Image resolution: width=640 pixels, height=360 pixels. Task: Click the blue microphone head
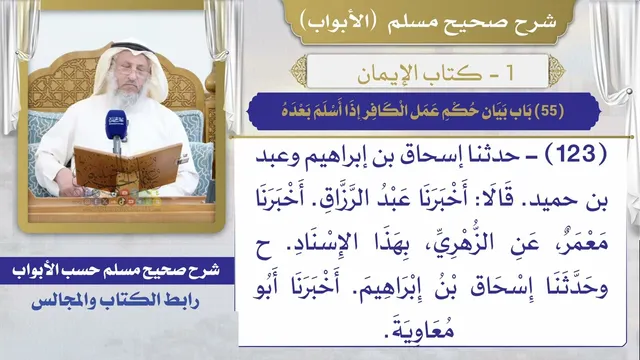tap(116, 124)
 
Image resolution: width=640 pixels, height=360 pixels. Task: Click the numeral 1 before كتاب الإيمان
tap(510, 73)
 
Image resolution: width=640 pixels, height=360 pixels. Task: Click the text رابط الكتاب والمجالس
tap(116, 301)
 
